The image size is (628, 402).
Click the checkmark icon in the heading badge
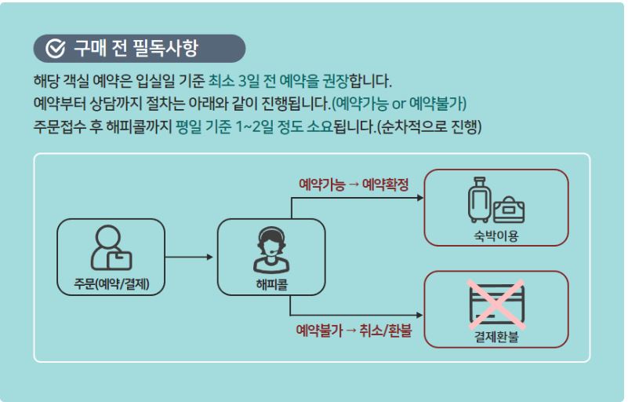coord(55,49)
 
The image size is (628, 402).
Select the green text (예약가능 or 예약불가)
coord(400,104)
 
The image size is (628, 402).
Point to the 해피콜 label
coord(271,283)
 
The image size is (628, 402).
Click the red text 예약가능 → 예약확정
coord(354,185)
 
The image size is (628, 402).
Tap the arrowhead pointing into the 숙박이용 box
coord(419,198)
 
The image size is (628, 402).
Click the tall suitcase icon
coord(478,200)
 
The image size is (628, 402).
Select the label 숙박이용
coord(496,236)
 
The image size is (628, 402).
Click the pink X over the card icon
coord(496,301)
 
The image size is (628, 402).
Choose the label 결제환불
coord(496,338)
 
